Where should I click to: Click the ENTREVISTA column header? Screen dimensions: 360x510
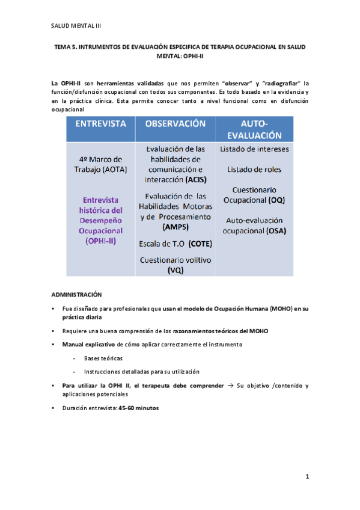(x=100, y=123)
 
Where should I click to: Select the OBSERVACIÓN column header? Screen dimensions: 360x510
(x=175, y=123)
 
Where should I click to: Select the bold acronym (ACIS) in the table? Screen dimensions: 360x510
(x=198, y=179)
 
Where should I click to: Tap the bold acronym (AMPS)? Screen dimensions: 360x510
(x=175, y=227)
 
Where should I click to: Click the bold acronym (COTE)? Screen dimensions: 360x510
(x=199, y=244)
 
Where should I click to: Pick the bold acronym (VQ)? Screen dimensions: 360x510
(x=175, y=271)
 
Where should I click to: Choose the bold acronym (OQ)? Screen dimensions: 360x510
(x=277, y=199)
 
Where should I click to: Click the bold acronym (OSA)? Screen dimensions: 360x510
(x=278, y=230)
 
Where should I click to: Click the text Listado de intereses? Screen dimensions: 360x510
(x=254, y=149)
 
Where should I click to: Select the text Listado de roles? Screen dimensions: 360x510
(x=254, y=170)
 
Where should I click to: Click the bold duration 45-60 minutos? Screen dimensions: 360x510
(x=139, y=408)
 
